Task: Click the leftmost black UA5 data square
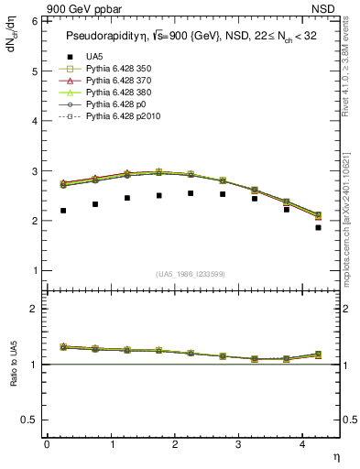point(63,211)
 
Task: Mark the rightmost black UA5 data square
point(318,227)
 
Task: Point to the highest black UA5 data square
point(191,193)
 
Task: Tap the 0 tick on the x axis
point(47,443)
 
